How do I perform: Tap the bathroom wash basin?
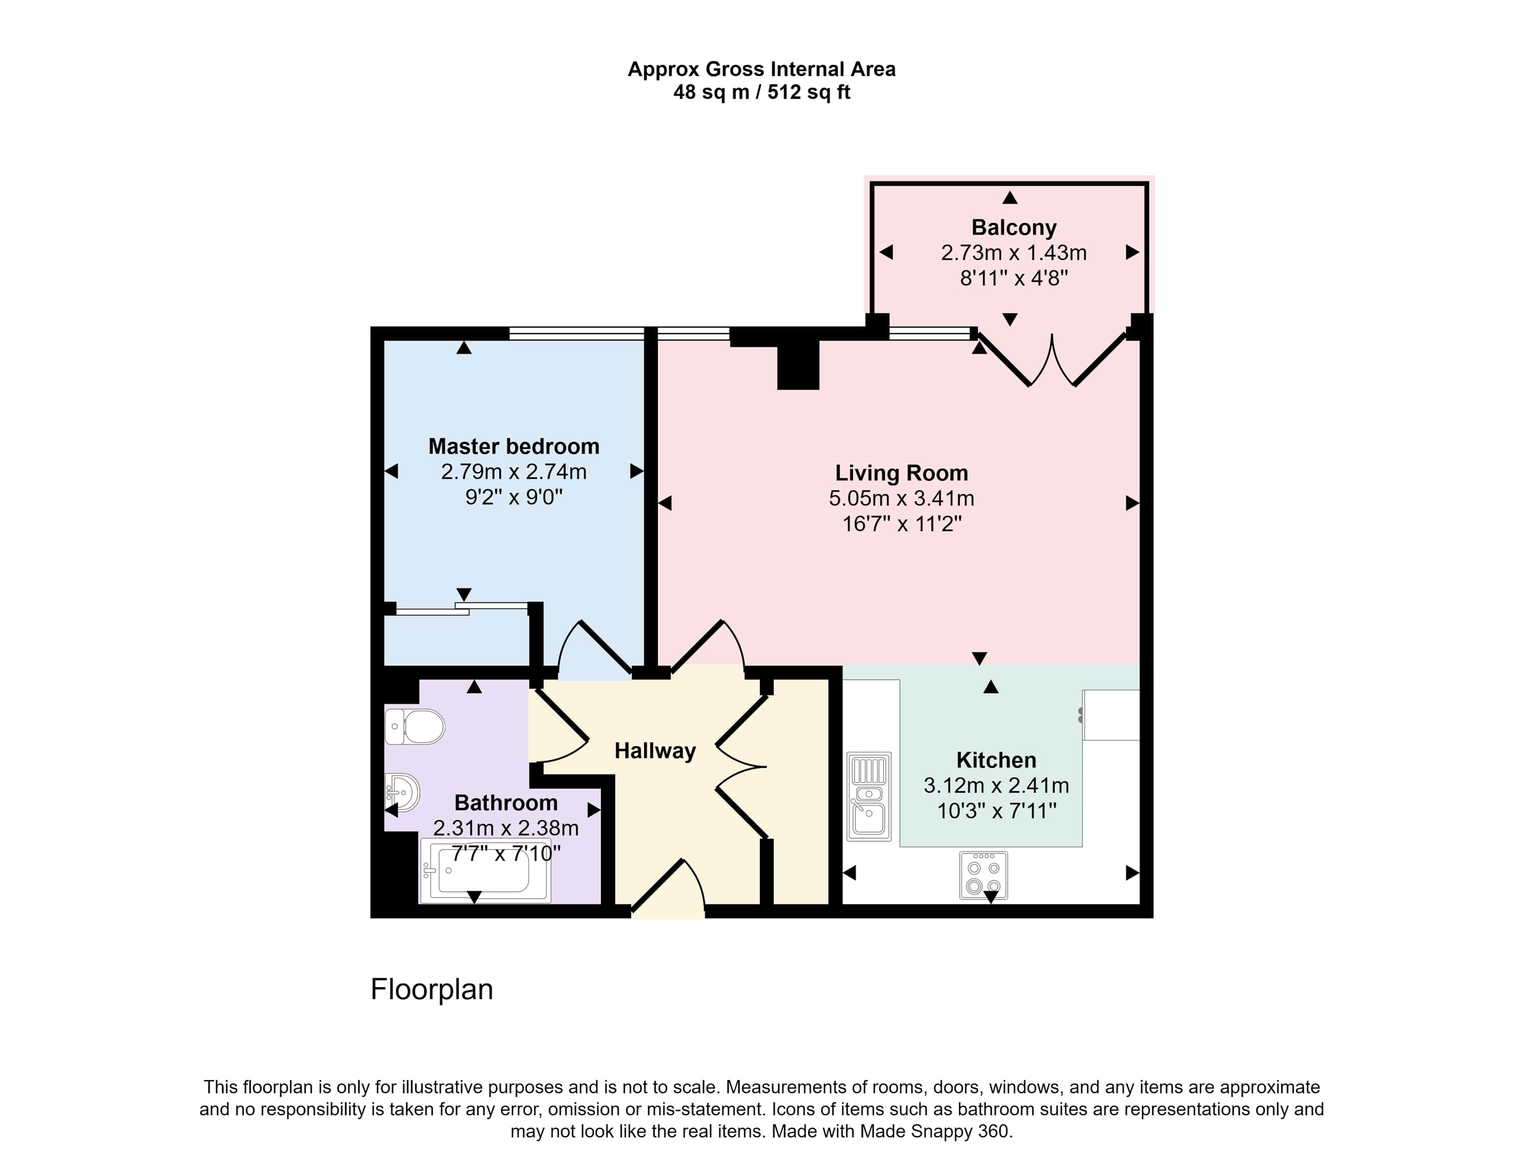click(x=402, y=793)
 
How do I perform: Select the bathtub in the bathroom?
click(x=485, y=870)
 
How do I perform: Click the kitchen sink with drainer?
click(x=869, y=797)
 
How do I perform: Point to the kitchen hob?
click(x=983, y=875)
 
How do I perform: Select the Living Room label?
click(x=901, y=473)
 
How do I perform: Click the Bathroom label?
click(x=506, y=802)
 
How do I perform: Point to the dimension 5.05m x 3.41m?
click(x=901, y=498)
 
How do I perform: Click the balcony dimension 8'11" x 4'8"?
click(x=1013, y=278)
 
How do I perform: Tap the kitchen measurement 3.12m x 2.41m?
click(x=996, y=786)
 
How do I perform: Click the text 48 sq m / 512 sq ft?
click(x=761, y=92)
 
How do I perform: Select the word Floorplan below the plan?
click(x=431, y=990)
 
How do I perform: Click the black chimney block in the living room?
click(x=798, y=365)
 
